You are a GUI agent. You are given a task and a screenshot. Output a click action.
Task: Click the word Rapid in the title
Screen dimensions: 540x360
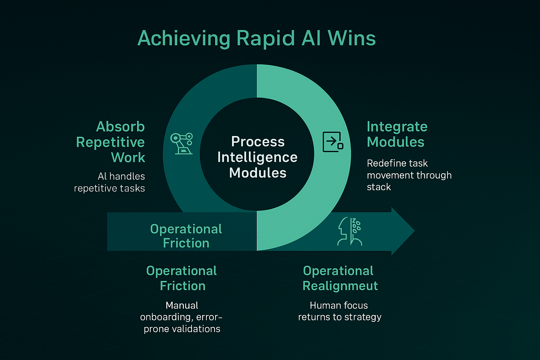[265, 39]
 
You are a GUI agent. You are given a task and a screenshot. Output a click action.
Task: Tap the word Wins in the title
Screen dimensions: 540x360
[352, 38]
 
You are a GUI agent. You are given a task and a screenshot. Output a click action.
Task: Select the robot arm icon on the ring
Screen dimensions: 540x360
[181, 143]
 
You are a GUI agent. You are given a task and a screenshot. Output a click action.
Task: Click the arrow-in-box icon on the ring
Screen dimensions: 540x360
[333, 142]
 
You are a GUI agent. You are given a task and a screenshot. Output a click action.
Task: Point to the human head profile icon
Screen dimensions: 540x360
[349, 231]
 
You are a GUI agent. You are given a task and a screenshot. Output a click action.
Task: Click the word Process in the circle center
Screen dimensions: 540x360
[258, 142]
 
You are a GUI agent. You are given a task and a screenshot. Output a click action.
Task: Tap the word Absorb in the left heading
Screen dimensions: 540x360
[120, 127]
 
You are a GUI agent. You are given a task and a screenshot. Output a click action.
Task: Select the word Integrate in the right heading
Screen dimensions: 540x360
[397, 127]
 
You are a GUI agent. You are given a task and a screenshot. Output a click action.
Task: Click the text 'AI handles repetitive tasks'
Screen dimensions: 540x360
[109, 182]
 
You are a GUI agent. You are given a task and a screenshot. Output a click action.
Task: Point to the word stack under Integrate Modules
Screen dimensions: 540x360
[379, 187]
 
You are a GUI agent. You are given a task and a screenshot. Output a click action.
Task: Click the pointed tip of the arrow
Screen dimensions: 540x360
[414, 231]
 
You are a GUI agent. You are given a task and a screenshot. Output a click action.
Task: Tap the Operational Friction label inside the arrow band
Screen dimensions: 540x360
[186, 236]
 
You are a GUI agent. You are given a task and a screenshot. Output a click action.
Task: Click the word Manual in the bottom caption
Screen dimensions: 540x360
[182, 306]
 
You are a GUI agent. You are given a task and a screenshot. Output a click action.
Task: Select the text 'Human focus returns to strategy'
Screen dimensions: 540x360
[340, 311]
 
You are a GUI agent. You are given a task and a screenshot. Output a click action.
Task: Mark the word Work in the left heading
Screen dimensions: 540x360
[128, 157]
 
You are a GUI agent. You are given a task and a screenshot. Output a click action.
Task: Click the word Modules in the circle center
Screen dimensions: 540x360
[258, 173]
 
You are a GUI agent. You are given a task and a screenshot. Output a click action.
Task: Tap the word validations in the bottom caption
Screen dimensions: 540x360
[193, 329]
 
